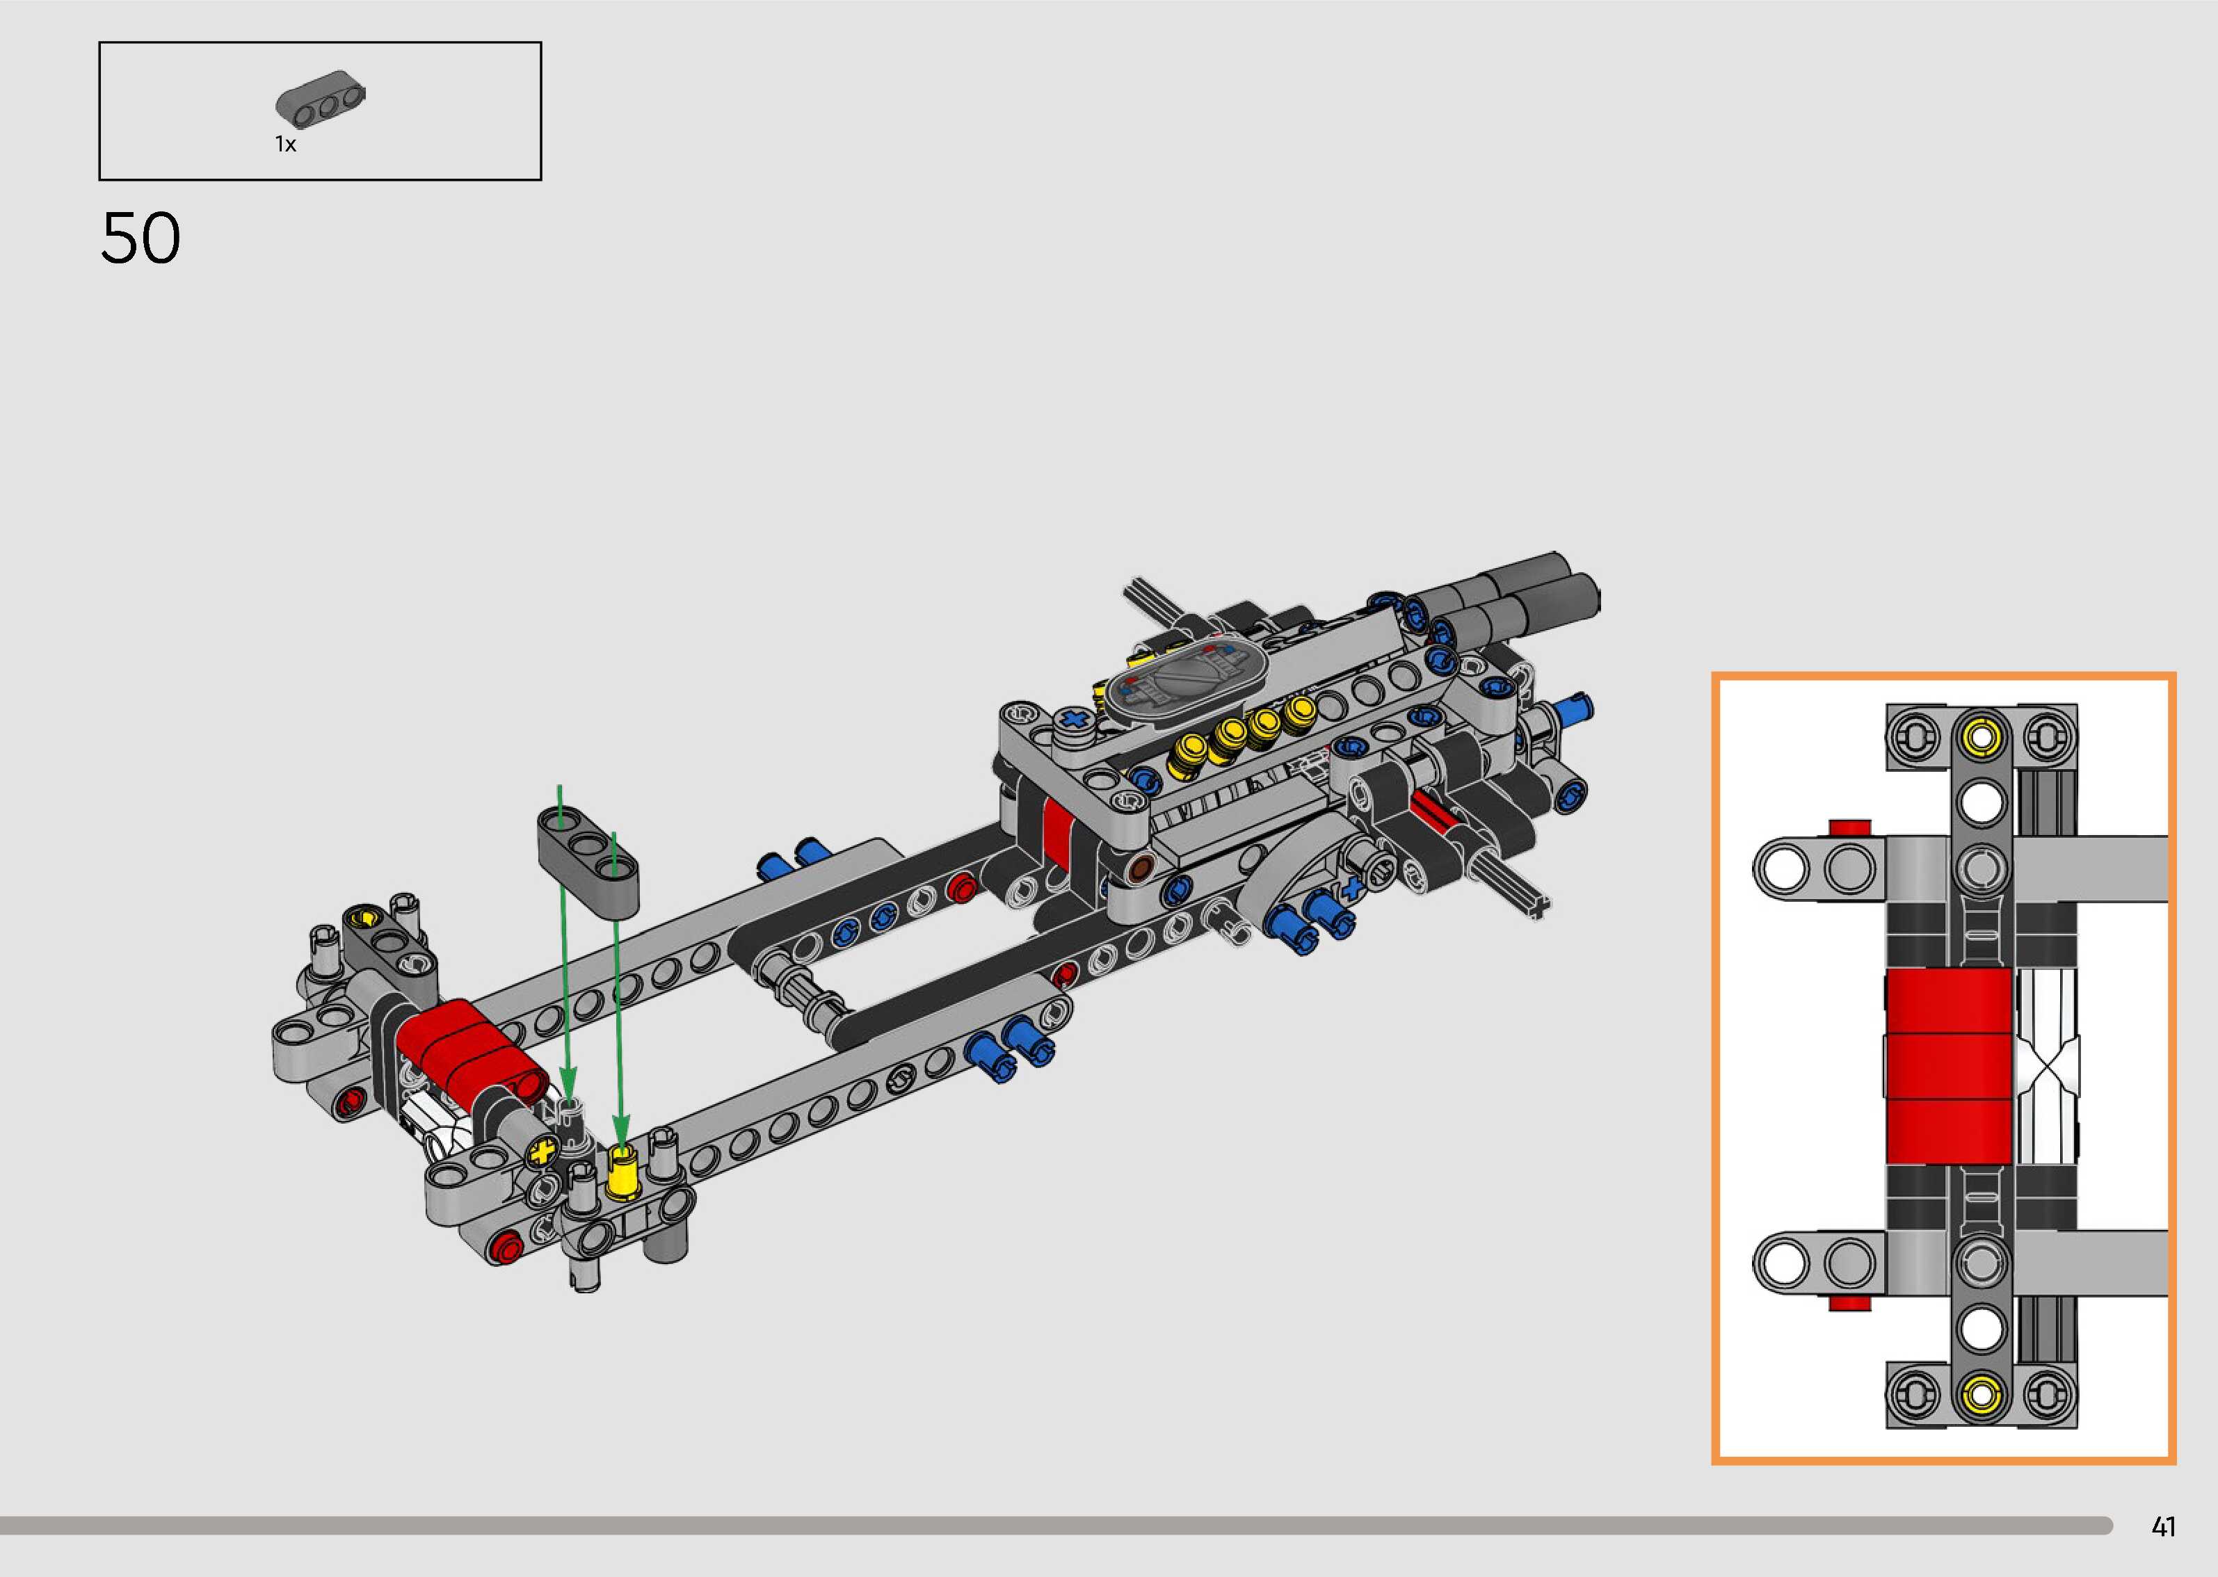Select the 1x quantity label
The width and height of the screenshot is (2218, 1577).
pyautogui.click(x=285, y=145)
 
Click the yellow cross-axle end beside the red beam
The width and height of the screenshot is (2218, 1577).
pyautogui.click(x=544, y=1154)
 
